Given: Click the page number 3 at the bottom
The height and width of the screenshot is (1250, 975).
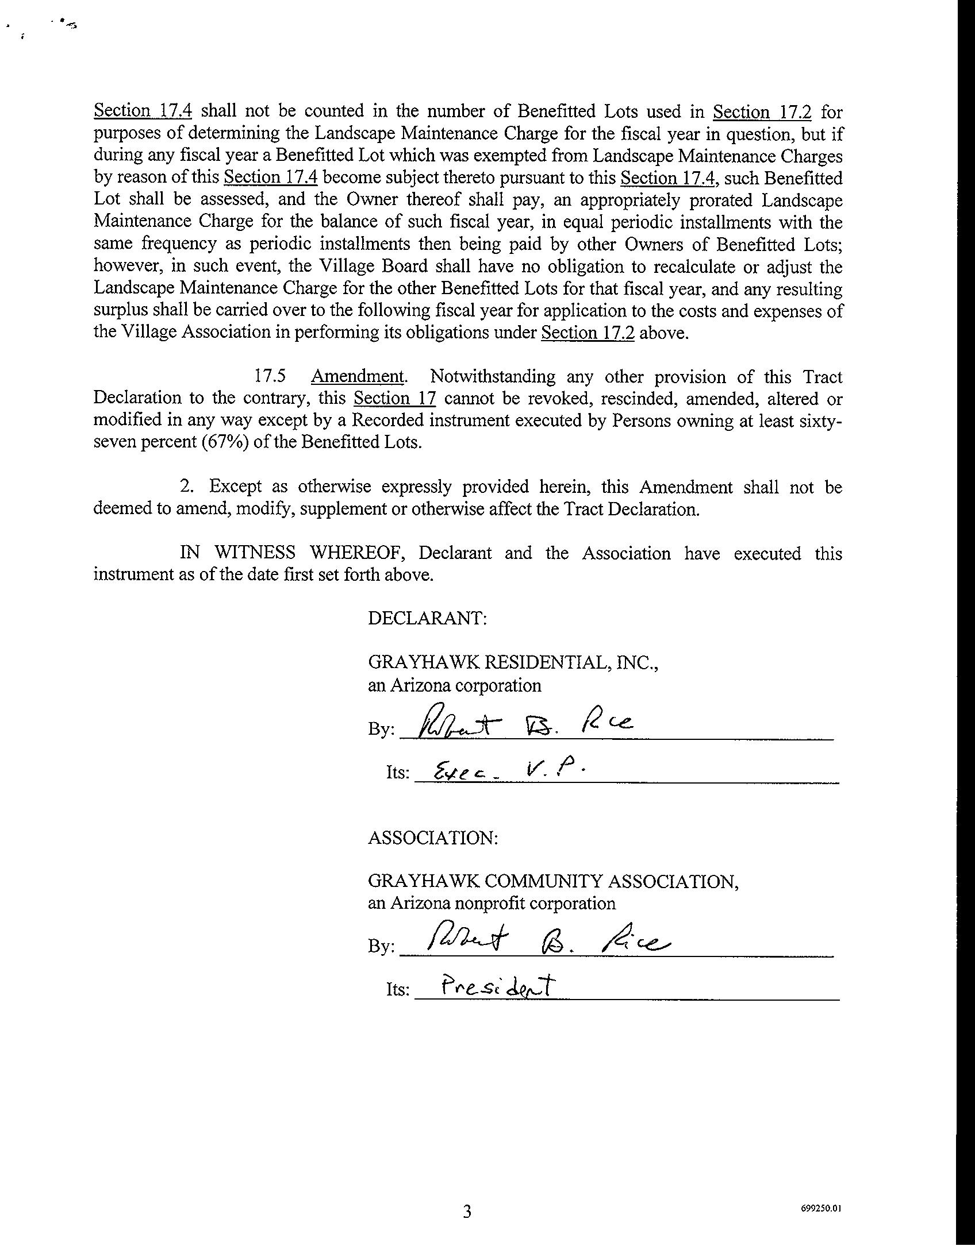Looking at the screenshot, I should coord(467,1212).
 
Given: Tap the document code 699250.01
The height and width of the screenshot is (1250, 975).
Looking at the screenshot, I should coord(821,1207).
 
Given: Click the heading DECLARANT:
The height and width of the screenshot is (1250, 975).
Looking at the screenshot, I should coord(428,619).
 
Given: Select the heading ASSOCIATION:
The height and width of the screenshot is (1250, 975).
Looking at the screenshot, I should coord(433,838).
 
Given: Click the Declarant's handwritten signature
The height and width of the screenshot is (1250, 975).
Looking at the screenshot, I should coord(526,722).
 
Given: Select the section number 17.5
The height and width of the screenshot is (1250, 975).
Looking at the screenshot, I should coord(270,377).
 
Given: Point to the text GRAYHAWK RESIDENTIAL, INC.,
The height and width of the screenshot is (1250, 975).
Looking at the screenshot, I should coord(513,663).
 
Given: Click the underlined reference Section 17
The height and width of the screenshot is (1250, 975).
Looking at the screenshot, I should coord(394,399).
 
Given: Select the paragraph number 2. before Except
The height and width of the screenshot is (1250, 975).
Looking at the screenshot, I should coord(186,487).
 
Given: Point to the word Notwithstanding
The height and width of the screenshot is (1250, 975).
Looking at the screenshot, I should coord(493,377).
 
